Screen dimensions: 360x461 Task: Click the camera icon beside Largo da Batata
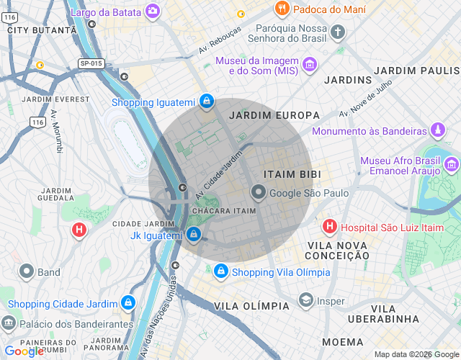tap(153, 10)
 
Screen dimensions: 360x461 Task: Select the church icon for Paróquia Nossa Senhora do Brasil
tap(339, 32)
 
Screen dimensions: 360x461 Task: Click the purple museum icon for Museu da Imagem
tap(309, 66)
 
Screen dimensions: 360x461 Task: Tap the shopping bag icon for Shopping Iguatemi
tap(207, 102)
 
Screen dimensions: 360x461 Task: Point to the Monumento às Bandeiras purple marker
tap(437, 131)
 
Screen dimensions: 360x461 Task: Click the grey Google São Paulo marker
tap(258, 193)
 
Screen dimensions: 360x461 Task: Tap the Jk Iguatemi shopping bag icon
tap(193, 235)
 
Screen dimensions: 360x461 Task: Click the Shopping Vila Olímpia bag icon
tap(220, 272)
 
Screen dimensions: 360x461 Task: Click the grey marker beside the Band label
tap(27, 272)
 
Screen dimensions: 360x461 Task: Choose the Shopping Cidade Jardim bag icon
tap(128, 303)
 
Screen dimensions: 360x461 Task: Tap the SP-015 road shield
tap(91, 64)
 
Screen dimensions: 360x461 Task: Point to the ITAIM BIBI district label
tap(292, 175)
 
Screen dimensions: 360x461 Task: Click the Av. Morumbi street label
tap(56, 132)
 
